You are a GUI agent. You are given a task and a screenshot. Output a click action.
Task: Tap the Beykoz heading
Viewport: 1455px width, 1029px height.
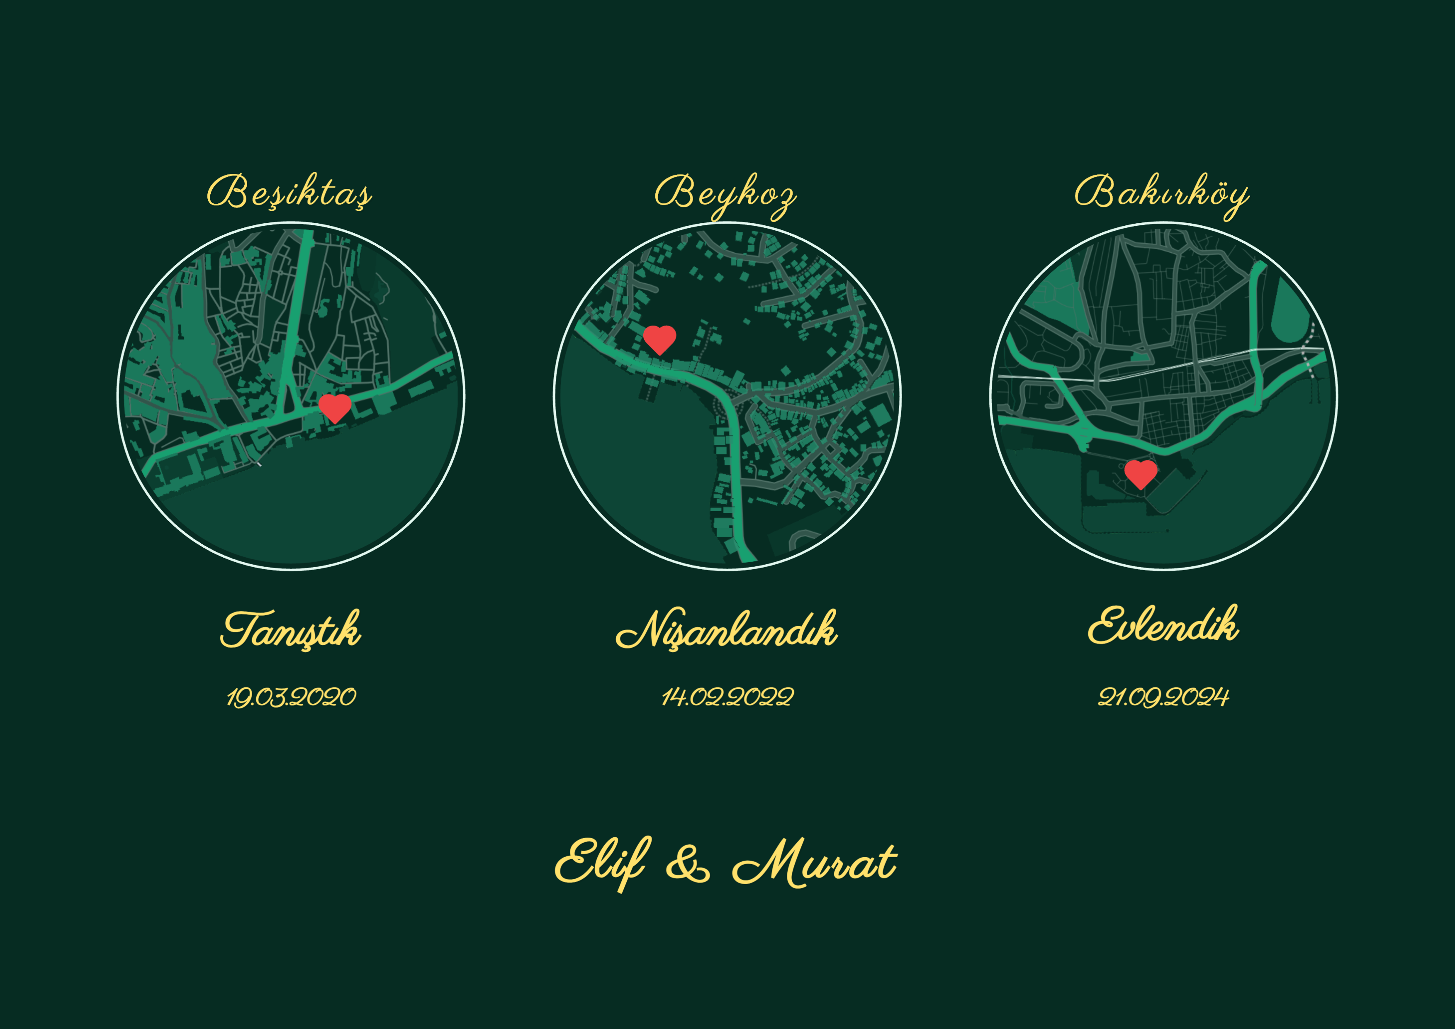pyautogui.click(x=725, y=193)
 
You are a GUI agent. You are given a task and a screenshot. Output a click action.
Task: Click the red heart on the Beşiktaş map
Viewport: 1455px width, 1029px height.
pyautogui.click(x=335, y=408)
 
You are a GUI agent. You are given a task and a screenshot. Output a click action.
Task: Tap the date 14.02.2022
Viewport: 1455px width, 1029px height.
pyautogui.click(x=727, y=697)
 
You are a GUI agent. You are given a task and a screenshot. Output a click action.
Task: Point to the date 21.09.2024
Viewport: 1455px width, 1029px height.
pyautogui.click(x=1163, y=697)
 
